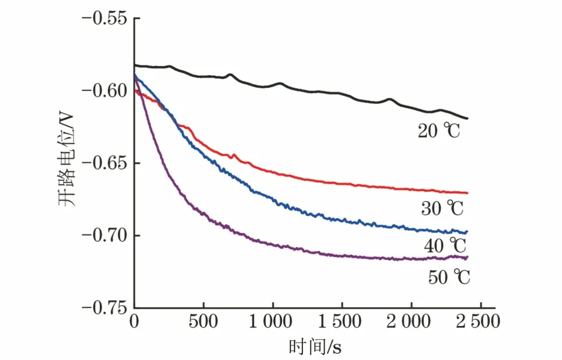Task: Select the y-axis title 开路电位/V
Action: pos(67,163)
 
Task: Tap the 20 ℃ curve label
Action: pos(439,130)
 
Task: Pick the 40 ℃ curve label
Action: pos(445,245)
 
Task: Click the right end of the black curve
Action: pos(467,118)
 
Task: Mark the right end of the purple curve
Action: pos(467,257)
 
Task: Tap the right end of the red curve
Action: pos(467,193)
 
